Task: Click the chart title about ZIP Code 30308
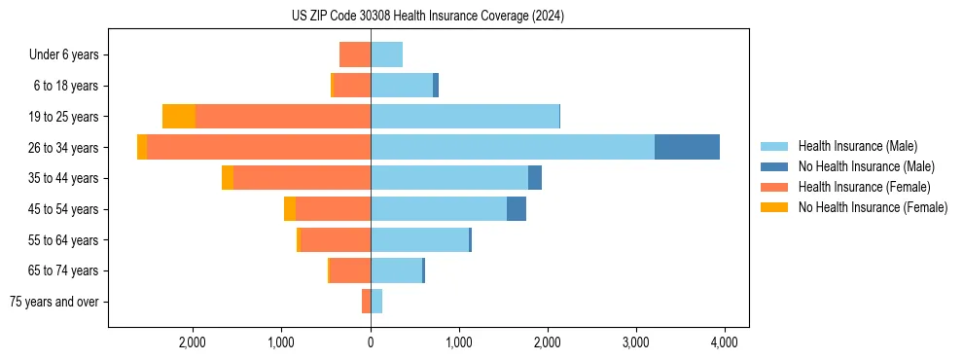(x=428, y=16)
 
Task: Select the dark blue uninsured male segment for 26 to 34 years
(x=687, y=147)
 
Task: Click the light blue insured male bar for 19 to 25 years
(x=465, y=117)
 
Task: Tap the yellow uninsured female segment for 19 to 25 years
(x=179, y=117)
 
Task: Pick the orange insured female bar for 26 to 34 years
(x=259, y=147)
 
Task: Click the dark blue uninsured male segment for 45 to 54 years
(x=517, y=209)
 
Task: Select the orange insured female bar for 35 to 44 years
(x=302, y=178)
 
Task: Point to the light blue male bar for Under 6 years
(x=386, y=54)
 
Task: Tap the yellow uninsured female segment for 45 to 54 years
(x=290, y=209)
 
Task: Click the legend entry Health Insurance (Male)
(x=857, y=146)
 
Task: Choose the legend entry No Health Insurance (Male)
(x=866, y=166)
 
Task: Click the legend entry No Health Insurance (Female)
(x=873, y=207)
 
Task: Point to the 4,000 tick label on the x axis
(x=724, y=342)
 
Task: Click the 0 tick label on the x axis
(x=371, y=342)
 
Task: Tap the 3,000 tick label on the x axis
(x=635, y=342)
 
